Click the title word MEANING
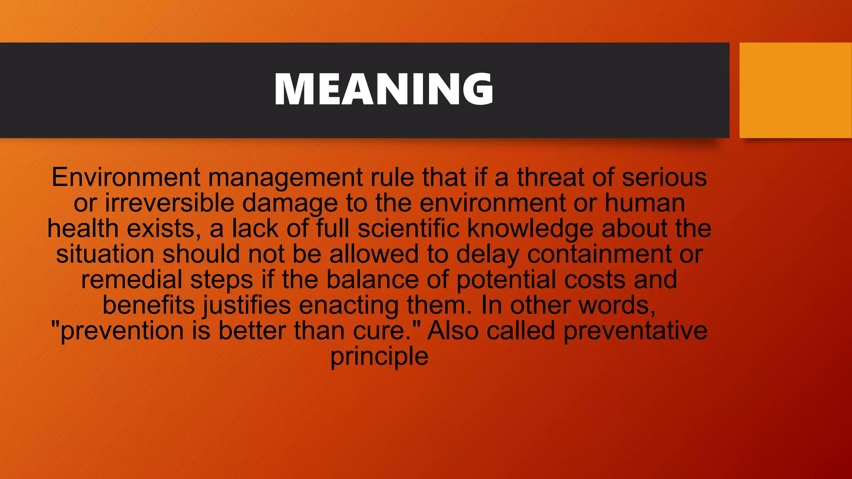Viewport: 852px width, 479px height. click(x=384, y=89)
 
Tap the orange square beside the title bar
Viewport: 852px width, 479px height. click(x=795, y=90)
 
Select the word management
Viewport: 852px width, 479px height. click(x=285, y=178)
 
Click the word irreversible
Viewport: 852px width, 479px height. click(x=169, y=203)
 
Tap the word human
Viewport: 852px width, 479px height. click(x=644, y=203)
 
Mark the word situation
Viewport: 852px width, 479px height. click(x=105, y=254)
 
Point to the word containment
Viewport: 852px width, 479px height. click(x=599, y=254)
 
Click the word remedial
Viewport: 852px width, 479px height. click(x=131, y=279)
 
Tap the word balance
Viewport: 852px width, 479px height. click(x=372, y=279)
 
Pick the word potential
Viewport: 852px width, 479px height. click(x=506, y=280)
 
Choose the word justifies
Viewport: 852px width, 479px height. click(x=247, y=306)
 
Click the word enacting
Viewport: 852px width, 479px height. click(x=349, y=306)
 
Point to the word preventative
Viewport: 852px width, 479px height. click(x=635, y=331)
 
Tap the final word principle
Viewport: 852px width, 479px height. click(x=379, y=357)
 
